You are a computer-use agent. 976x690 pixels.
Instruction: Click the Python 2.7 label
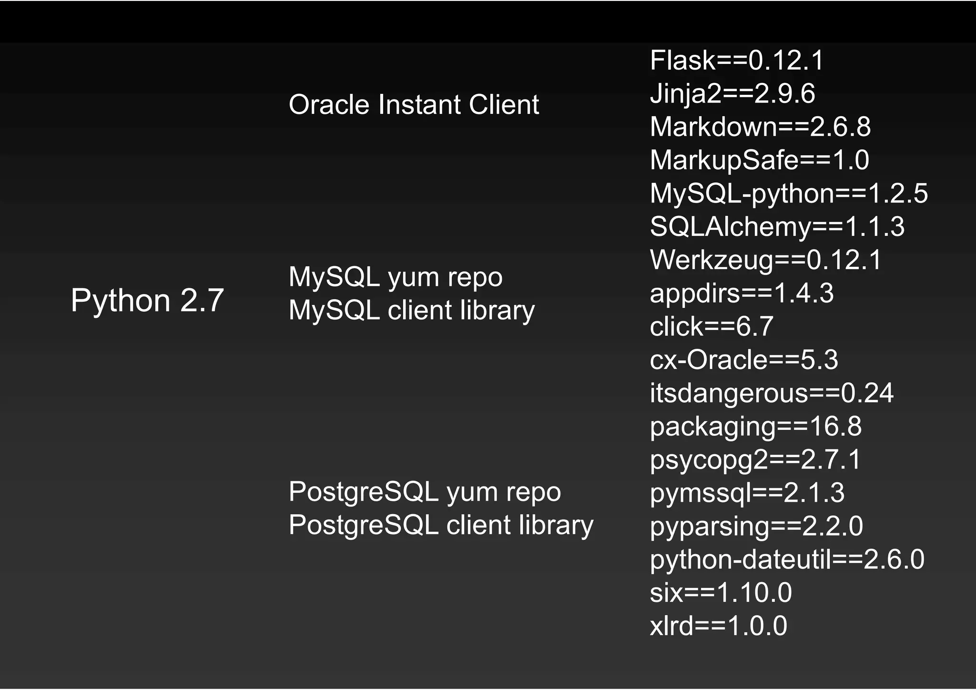pos(147,300)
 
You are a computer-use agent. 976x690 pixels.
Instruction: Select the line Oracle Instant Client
pos(414,104)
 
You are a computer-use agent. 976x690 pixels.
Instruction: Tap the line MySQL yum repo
pos(396,277)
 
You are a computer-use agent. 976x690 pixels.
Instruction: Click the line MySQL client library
pos(412,310)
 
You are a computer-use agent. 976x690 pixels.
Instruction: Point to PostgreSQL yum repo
pos(425,492)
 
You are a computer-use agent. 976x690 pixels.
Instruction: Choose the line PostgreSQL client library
pos(441,525)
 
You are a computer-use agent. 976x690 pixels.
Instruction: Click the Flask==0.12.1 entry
pos(737,61)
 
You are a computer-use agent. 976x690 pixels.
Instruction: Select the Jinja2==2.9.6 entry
pos(732,93)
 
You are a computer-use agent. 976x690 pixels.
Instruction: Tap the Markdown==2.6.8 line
pos(760,127)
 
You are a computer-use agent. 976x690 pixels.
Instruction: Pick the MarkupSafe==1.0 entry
pos(760,160)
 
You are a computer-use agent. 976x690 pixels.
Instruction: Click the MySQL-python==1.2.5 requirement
pos(789,193)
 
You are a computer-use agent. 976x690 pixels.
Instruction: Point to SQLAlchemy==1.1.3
pos(777,226)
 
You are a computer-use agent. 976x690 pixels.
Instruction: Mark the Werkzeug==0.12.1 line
pos(766,260)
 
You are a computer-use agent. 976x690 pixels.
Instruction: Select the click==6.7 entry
pos(712,326)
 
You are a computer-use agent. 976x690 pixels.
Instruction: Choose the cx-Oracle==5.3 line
pos(744,360)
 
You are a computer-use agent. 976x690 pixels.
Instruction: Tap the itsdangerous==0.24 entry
pos(772,393)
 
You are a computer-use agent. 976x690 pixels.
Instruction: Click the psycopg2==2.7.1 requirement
pos(756,460)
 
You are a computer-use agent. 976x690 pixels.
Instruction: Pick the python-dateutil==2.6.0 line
pos(787,559)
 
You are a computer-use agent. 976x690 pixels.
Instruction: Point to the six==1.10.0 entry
pos(721,593)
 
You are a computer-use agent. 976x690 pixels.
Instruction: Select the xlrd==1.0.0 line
pos(718,626)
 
